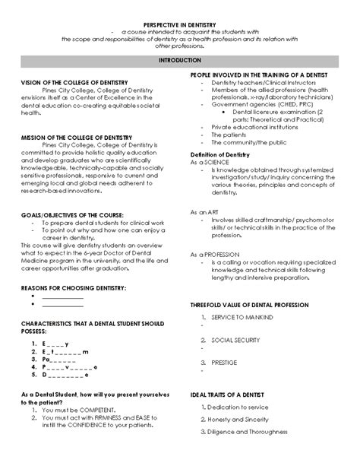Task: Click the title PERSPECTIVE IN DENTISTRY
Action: point(180,25)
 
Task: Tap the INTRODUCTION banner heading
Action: point(180,59)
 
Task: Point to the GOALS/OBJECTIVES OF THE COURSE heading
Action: point(77,215)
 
